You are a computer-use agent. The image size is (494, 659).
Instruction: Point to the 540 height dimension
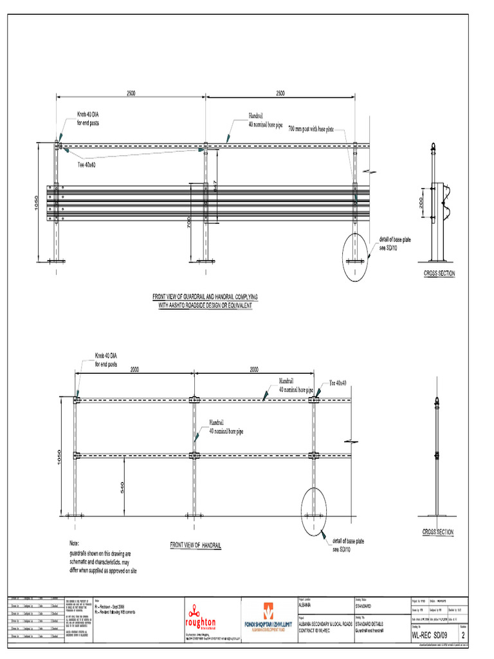click(x=122, y=488)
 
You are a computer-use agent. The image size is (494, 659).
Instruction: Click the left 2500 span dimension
click(x=131, y=93)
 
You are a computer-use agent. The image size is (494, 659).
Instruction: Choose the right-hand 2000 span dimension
click(x=254, y=369)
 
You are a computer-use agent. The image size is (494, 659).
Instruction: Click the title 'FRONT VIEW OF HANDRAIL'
click(x=196, y=545)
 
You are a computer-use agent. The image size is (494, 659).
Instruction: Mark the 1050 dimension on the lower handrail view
click(x=59, y=457)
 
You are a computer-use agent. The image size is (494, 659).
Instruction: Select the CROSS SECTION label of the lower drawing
click(x=437, y=532)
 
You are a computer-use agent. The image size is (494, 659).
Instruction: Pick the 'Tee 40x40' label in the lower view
click(x=338, y=383)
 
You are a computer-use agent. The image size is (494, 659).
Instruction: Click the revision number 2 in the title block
click(x=481, y=636)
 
